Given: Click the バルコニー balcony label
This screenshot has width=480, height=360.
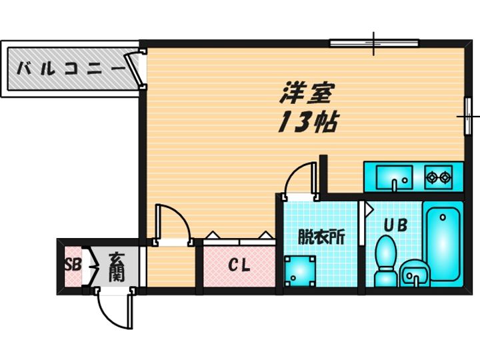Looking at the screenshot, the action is pos(71,68).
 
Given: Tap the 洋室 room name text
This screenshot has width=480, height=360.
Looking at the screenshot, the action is pos(306,93).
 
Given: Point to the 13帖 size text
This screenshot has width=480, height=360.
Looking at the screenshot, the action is pos(308,123).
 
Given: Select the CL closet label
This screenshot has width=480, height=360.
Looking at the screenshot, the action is pos(239,265).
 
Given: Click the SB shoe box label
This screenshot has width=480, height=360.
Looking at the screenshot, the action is pos(73,265).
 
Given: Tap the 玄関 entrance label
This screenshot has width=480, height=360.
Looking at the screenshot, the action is pos(116,267).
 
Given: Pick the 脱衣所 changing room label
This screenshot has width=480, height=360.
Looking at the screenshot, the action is pos(322,236).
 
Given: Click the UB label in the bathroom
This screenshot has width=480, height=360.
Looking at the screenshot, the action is pos(395,225).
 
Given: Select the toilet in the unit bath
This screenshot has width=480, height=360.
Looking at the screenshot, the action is pos(385,261).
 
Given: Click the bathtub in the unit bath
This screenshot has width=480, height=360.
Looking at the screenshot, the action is pos(443,244).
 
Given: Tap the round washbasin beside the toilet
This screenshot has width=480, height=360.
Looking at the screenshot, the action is pos(415,273).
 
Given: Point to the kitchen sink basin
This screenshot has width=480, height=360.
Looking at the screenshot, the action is pos(394,177).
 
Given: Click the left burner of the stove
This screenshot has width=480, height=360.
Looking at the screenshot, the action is pos(432,177).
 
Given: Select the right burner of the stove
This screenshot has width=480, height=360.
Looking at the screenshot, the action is pos(445,177).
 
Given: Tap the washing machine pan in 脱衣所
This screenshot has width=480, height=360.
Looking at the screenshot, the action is pos(300,271).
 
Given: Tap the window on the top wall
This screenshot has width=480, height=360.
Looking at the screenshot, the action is pos(374,43).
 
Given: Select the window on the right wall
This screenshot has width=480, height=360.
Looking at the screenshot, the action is pos(468,116).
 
